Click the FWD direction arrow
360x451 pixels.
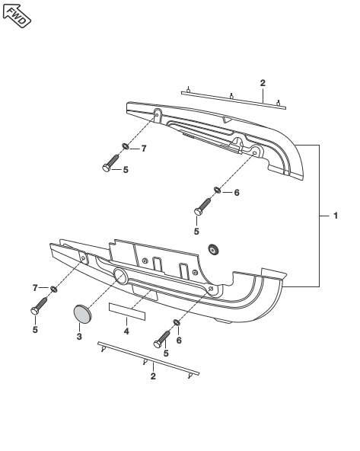(17, 16)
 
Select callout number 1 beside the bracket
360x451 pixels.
(336, 216)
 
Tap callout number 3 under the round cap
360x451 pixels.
(79, 336)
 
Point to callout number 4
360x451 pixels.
(126, 331)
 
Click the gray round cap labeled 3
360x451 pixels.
(82, 314)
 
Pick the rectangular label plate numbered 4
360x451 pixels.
(127, 312)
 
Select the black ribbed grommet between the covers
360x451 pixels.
(213, 249)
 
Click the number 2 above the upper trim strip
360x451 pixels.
(263, 83)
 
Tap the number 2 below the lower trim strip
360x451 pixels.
(153, 376)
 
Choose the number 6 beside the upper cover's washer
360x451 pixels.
(237, 193)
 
